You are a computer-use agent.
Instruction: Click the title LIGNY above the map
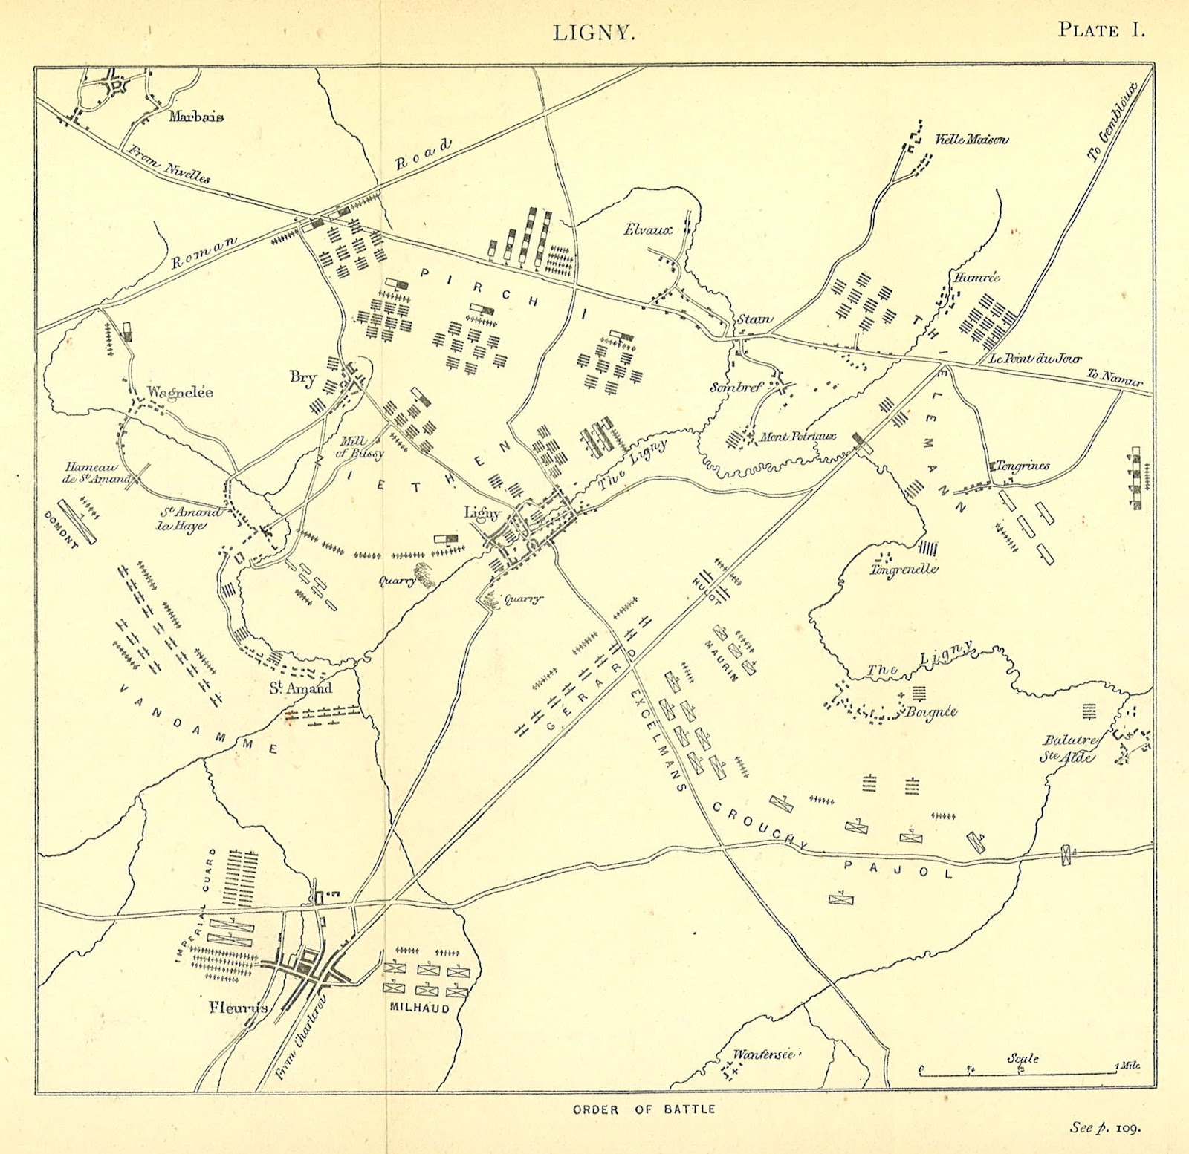tap(594, 33)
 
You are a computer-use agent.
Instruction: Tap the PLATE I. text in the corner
tap(1101, 30)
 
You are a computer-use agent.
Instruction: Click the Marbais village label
tap(196, 116)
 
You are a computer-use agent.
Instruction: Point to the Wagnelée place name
tap(180, 392)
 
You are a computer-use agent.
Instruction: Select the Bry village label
tap(302, 377)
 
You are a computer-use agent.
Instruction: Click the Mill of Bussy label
tap(360, 447)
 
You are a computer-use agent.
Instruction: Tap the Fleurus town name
tap(238, 1008)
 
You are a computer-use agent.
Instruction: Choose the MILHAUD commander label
tap(420, 1008)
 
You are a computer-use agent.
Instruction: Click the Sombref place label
tap(736, 387)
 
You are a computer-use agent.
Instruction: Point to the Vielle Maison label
tap(971, 139)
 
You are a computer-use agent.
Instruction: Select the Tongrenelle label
tap(904, 570)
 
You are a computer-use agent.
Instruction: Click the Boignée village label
tap(931, 711)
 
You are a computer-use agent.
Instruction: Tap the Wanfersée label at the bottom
tap(763, 1054)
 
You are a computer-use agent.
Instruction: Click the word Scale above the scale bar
tap(1023, 1058)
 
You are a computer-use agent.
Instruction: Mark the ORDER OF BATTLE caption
tap(644, 1109)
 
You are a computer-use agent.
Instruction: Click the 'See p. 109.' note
tap(1105, 1127)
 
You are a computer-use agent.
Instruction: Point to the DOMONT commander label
tap(61, 529)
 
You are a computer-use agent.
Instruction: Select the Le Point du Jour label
tap(1035, 358)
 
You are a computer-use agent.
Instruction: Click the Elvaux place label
tap(647, 230)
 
